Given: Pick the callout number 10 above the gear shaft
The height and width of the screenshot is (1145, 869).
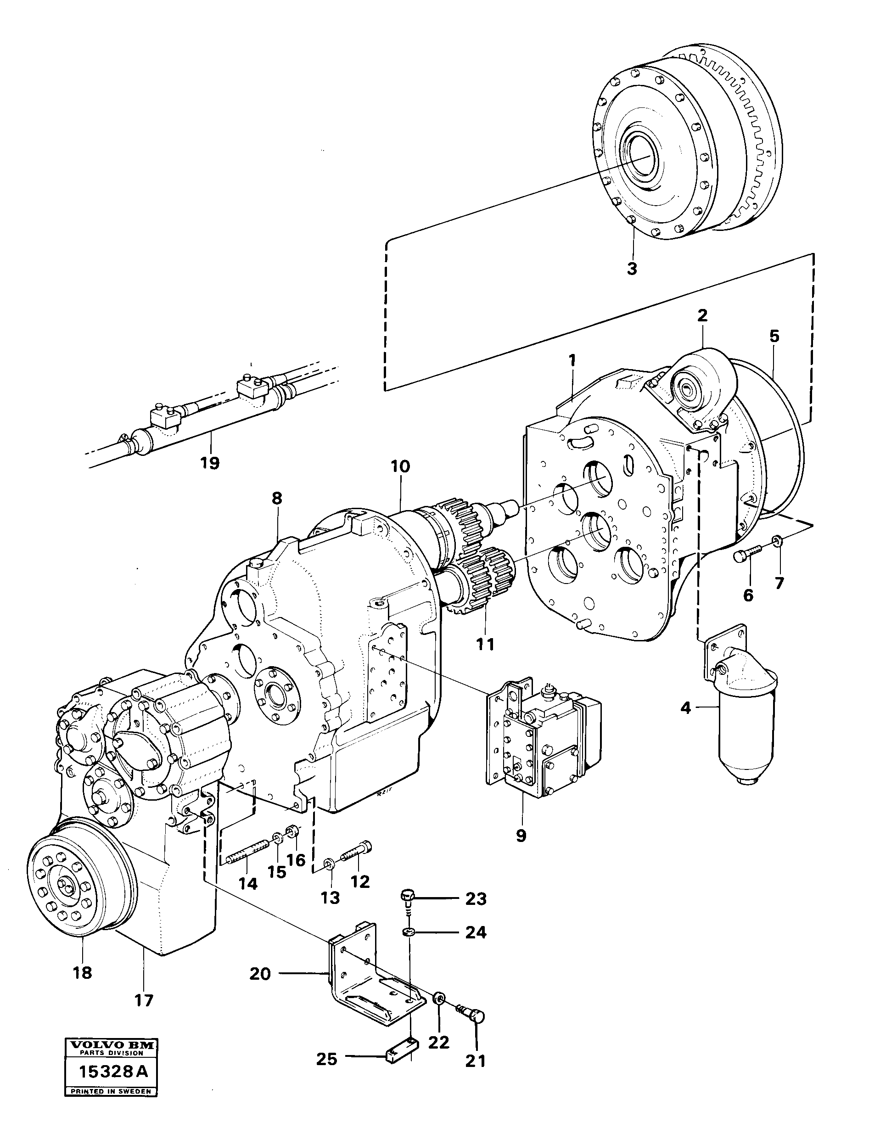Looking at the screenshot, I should (401, 466).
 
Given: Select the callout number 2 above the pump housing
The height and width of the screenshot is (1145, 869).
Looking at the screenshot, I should (702, 315).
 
